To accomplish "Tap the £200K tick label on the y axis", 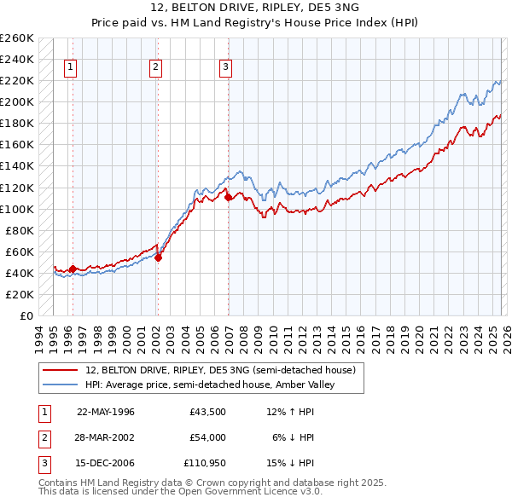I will [x=17, y=101].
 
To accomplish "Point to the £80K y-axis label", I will [x=20, y=230].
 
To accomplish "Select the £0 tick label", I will [x=26, y=315].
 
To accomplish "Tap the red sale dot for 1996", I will [x=73, y=269].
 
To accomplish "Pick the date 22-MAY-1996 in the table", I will [x=106, y=412].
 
